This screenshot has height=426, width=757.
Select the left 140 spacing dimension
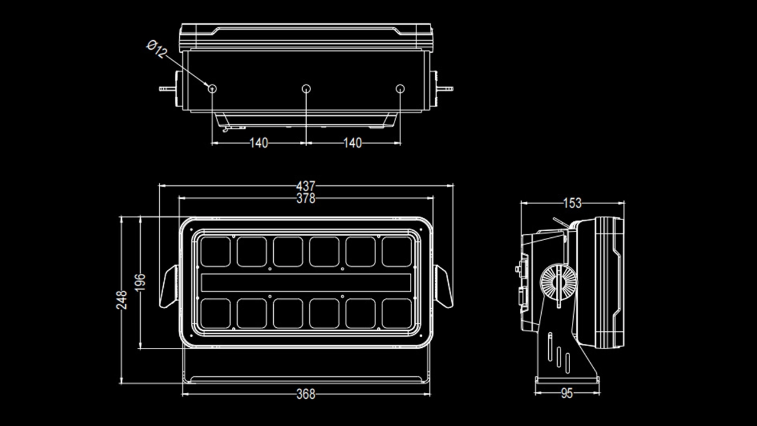(x=258, y=143)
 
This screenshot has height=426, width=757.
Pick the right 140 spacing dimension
(x=352, y=143)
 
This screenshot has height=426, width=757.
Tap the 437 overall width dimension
(x=306, y=186)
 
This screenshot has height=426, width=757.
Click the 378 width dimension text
(x=306, y=199)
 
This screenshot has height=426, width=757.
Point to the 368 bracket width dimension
(x=306, y=394)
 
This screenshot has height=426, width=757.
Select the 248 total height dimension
(x=122, y=300)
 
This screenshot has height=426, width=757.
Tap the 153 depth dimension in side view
(x=572, y=203)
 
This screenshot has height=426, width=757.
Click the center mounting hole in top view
(x=306, y=88)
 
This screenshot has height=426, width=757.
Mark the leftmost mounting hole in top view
(x=212, y=88)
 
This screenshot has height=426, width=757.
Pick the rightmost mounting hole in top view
(x=400, y=88)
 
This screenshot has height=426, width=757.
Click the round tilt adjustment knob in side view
(x=557, y=283)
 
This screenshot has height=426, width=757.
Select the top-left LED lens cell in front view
(x=215, y=251)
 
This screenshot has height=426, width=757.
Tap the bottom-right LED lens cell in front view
(x=397, y=314)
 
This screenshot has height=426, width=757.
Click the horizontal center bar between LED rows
(x=306, y=283)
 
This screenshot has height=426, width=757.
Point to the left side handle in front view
(x=169, y=286)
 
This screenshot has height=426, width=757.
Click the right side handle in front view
(x=444, y=286)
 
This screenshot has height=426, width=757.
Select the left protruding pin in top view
(x=166, y=89)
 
